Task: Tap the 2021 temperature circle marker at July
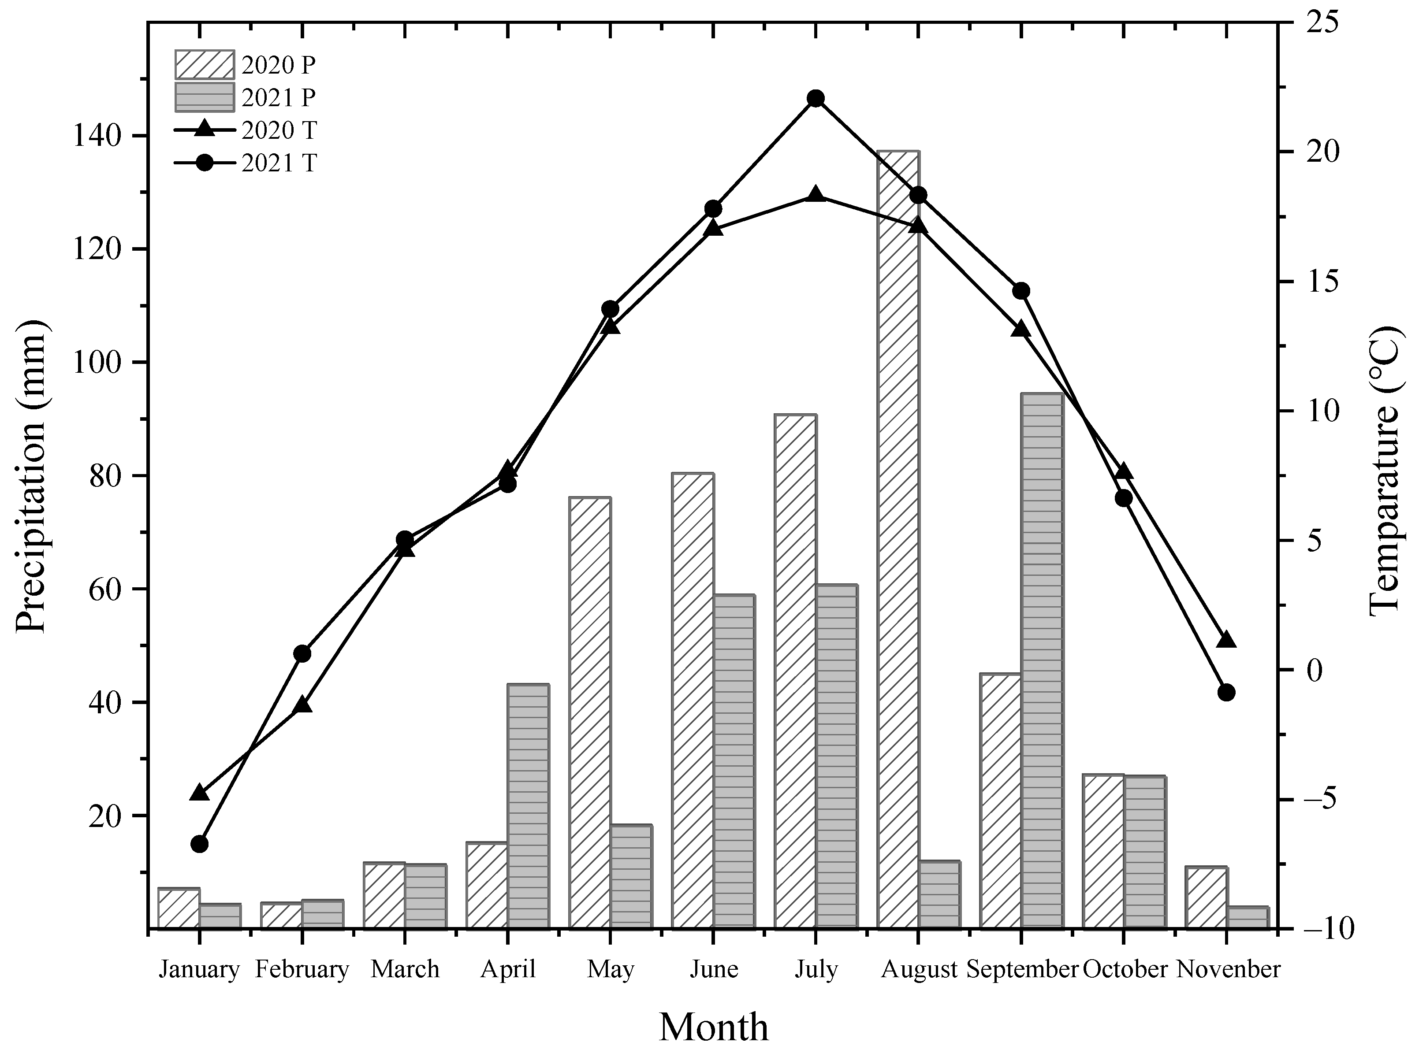pyautogui.click(x=816, y=98)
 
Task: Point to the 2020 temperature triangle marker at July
pyautogui.click(x=816, y=195)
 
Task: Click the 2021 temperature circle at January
pyautogui.click(x=200, y=844)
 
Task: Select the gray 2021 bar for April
pyautogui.click(x=528, y=806)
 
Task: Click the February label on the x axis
pyautogui.click(x=302, y=969)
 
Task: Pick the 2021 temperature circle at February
pyautogui.click(x=302, y=653)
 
